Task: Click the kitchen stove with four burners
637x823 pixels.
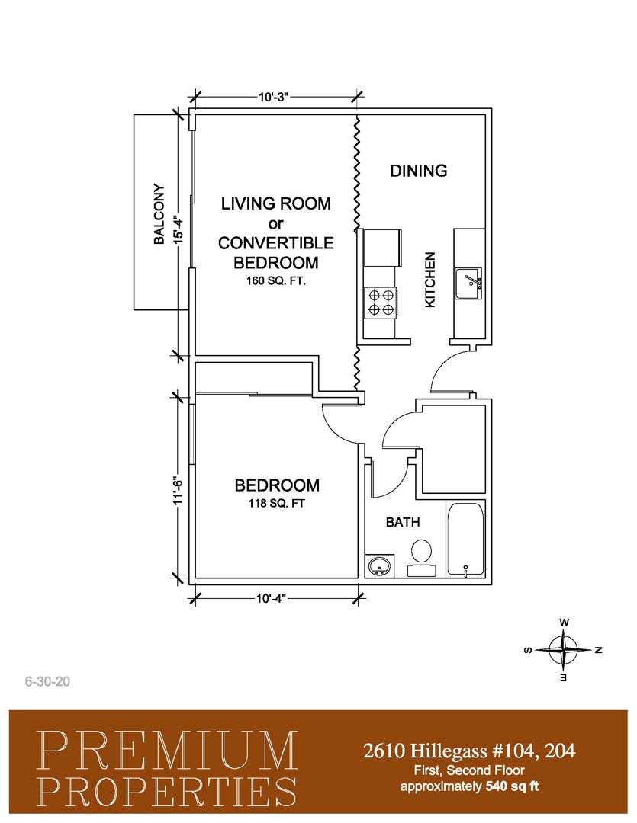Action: pyautogui.click(x=381, y=303)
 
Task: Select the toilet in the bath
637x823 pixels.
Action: pyautogui.click(x=421, y=558)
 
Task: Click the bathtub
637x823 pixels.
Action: pyautogui.click(x=465, y=540)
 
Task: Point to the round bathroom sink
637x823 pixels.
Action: pyautogui.click(x=378, y=566)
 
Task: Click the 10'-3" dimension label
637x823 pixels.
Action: pyautogui.click(x=275, y=97)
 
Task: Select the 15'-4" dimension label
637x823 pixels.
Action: pyautogui.click(x=179, y=224)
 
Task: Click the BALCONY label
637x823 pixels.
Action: pyautogui.click(x=159, y=213)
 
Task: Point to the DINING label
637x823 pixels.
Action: pyautogui.click(x=418, y=171)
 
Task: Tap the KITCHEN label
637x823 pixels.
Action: pyautogui.click(x=430, y=280)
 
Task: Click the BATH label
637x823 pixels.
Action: pyautogui.click(x=403, y=522)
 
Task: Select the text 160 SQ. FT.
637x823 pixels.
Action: pyautogui.click(x=276, y=280)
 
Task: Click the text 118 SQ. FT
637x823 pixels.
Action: pyautogui.click(x=276, y=504)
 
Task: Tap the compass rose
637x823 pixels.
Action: pyautogui.click(x=564, y=650)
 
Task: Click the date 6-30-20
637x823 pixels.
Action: pyautogui.click(x=47, y=681)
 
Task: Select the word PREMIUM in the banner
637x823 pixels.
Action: pyautogui.click(x=167, y=751)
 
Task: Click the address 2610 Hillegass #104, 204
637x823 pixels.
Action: pyautogui.click(x=469, y=751)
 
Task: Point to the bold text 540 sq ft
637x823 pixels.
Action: pyautogui.click(x=513, y=786)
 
